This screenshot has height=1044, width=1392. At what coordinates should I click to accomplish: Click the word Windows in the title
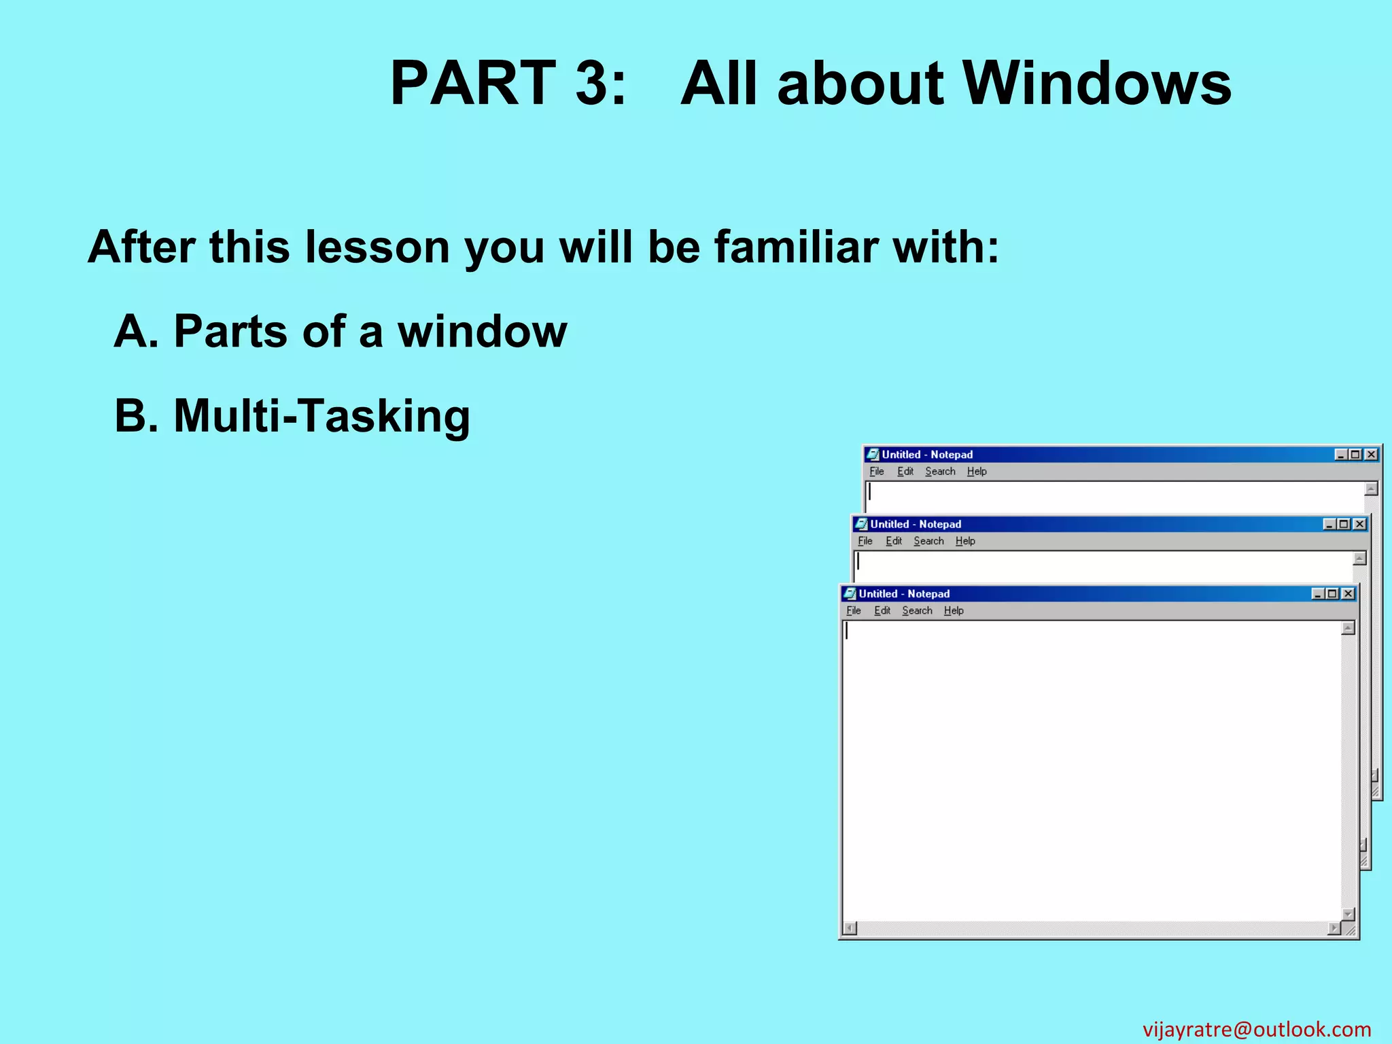click(1097, 84)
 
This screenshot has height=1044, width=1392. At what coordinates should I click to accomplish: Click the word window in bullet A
click(482, 332)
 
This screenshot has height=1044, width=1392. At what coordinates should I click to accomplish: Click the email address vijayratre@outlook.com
click(1256, 1029)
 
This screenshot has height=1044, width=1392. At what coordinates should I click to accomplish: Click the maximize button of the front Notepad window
click(1333, 594)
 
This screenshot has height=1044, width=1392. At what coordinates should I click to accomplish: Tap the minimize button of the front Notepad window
click(1319, 594)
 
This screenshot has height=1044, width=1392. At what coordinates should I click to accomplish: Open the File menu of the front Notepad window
click(854, 611)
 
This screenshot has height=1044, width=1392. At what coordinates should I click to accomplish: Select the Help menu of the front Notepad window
click(954, 611)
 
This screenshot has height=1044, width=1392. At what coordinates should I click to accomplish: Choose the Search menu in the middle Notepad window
click(928, 541)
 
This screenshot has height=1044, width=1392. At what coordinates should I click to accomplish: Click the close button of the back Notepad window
click(1372, 455)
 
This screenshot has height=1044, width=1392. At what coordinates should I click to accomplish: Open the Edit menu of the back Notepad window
click(905, 472)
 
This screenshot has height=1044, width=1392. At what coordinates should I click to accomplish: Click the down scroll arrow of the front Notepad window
click(1348, 914)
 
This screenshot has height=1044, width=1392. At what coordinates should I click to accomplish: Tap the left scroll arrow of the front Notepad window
click(850, 928)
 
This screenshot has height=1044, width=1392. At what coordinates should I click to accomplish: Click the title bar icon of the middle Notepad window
click(861, 524)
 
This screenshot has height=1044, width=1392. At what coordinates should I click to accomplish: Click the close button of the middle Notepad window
click(1359, 524)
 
